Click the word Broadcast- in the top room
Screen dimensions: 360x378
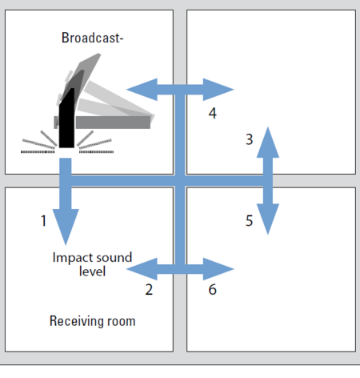[x=92, y=38]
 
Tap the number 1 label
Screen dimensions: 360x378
[x=43, y=221]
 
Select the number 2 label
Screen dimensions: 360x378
[x=149, y=289]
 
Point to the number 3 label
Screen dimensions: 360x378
[x=249, y=139]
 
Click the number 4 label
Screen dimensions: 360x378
[x=212, y=113]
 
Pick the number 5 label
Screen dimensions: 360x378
[x=249, y=221]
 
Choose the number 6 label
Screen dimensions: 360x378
[x=212, y=289]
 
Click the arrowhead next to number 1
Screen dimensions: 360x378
[x=66, y=226]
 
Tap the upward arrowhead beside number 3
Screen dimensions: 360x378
[x=268, y=143]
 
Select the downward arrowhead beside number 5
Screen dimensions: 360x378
[x=268, y=219]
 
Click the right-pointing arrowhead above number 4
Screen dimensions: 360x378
[x=218, y=90]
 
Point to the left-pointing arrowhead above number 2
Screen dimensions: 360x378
[x=142, y=269]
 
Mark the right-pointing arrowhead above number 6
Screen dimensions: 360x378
[x=218, y=269]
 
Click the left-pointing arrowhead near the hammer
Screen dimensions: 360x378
[x=142, y=90]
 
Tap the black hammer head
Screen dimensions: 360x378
[x=66, y=119]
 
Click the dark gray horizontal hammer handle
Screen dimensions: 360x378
[x=113, y=123]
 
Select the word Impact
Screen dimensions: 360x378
[x=70, y=258]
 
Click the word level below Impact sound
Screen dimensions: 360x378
[x=92, y=271]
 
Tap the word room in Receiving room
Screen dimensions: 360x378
[x=122, y=322]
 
